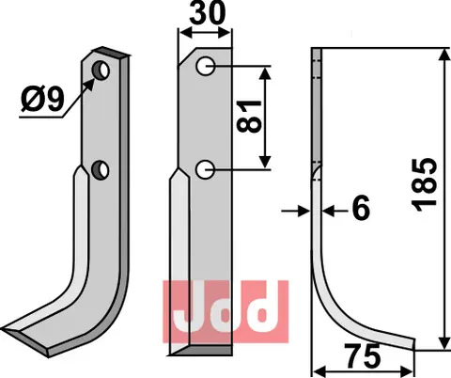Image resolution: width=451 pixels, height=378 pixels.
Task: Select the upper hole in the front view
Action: [206, 67]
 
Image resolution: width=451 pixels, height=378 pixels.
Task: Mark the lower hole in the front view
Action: [206, 168]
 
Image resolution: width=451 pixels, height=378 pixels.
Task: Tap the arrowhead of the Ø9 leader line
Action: [93, 79]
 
